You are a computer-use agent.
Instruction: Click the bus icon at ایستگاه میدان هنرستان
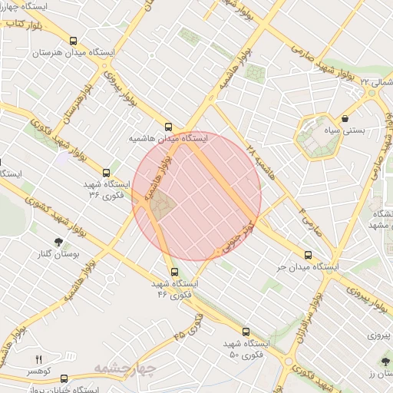74,41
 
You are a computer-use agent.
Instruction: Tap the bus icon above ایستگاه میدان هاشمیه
169,127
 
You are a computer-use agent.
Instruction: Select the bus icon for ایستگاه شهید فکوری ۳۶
106,173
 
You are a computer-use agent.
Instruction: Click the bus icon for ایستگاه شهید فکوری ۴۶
175,272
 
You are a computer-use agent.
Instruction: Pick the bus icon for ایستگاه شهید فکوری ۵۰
246,332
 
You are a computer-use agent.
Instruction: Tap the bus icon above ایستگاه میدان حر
309,255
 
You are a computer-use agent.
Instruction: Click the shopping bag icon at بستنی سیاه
345,120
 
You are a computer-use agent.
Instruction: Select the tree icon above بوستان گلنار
58,242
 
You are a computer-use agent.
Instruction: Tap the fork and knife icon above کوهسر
38,359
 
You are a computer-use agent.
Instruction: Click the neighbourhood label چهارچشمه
125,368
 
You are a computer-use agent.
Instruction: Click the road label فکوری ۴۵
187,325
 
